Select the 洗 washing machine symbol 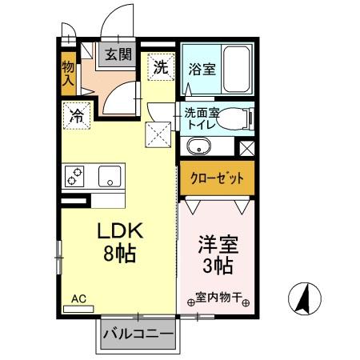[161, 67]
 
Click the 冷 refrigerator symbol [78, 114]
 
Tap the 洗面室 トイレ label [202, 118]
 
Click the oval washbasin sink [195, 148]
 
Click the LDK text [120, 231]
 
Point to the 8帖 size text [120, 255]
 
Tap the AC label [78, 299]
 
